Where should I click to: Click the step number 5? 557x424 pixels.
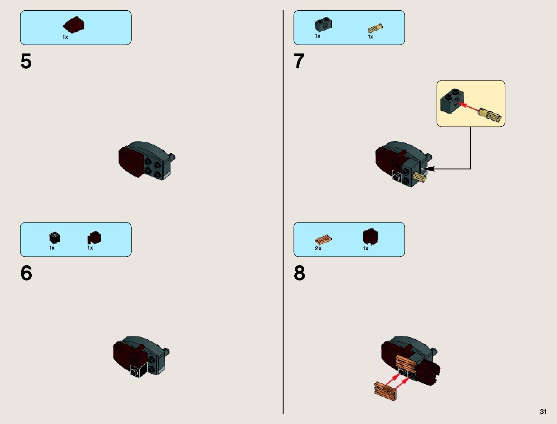[x=26, y=62]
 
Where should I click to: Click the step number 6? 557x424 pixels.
[x=26, y=273]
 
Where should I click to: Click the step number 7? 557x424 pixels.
[x=299, y=62]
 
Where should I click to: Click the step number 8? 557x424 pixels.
[x=299, y=273]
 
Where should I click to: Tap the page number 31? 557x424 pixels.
[x=543, y=412]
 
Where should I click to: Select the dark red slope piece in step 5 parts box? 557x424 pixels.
[x=74, y=25]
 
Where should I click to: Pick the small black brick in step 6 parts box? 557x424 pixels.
[x=54, y=237]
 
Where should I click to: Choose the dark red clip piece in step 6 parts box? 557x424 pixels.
[x=94, y=237]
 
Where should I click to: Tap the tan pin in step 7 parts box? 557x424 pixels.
[x=375, y=28]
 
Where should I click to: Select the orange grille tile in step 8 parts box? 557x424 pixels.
[x=323, y=239]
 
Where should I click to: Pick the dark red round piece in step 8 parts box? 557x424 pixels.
[x=371, y=237]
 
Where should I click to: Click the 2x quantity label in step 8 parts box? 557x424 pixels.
[x=318, y=248]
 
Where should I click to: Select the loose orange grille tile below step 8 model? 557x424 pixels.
[x=385, y=389]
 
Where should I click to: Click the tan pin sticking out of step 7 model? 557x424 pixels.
[x=419, y=176]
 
